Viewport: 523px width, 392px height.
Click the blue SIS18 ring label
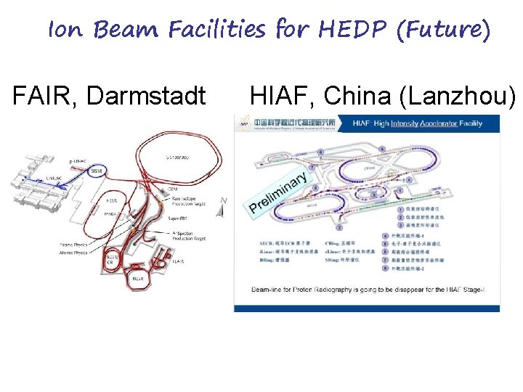(97, 171)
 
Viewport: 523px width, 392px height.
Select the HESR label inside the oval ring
(112, 200)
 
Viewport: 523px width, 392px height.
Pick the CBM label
(172, 188)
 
